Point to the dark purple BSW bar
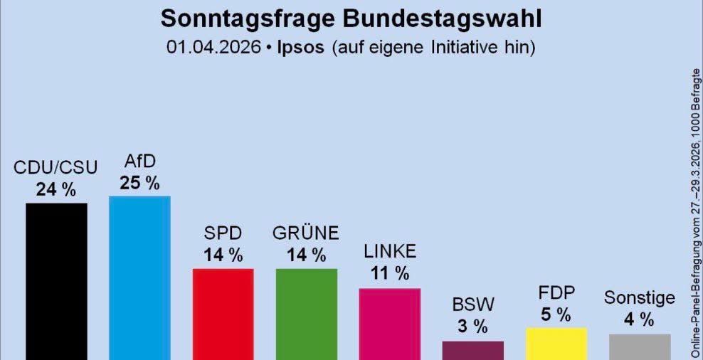[472, 350]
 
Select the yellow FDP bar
[556, 344]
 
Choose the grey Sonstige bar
[639, 346]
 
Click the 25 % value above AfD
[139, 183]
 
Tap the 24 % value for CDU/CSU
[56, 190]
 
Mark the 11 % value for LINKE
[389, 273]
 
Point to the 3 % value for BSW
[472, 327]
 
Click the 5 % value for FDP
[556, 314]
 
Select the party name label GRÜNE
[306, 233]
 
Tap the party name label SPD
[223, 233]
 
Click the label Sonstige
[639, 297]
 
